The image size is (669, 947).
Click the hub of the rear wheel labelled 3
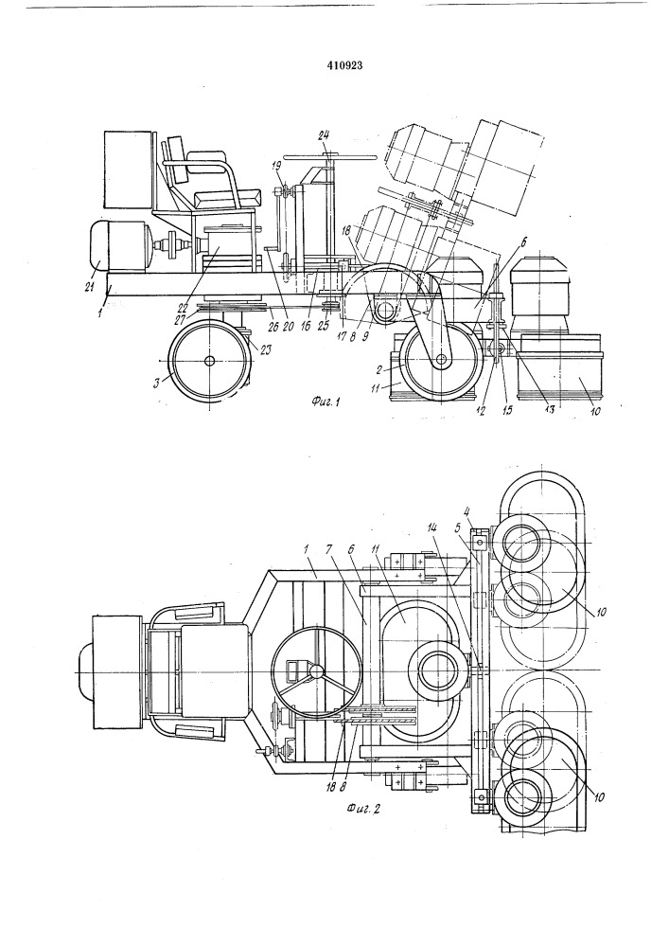[x=209, y=361]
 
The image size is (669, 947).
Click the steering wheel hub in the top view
[x=315, y=671]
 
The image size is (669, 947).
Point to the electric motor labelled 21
[x=120, y=245]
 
